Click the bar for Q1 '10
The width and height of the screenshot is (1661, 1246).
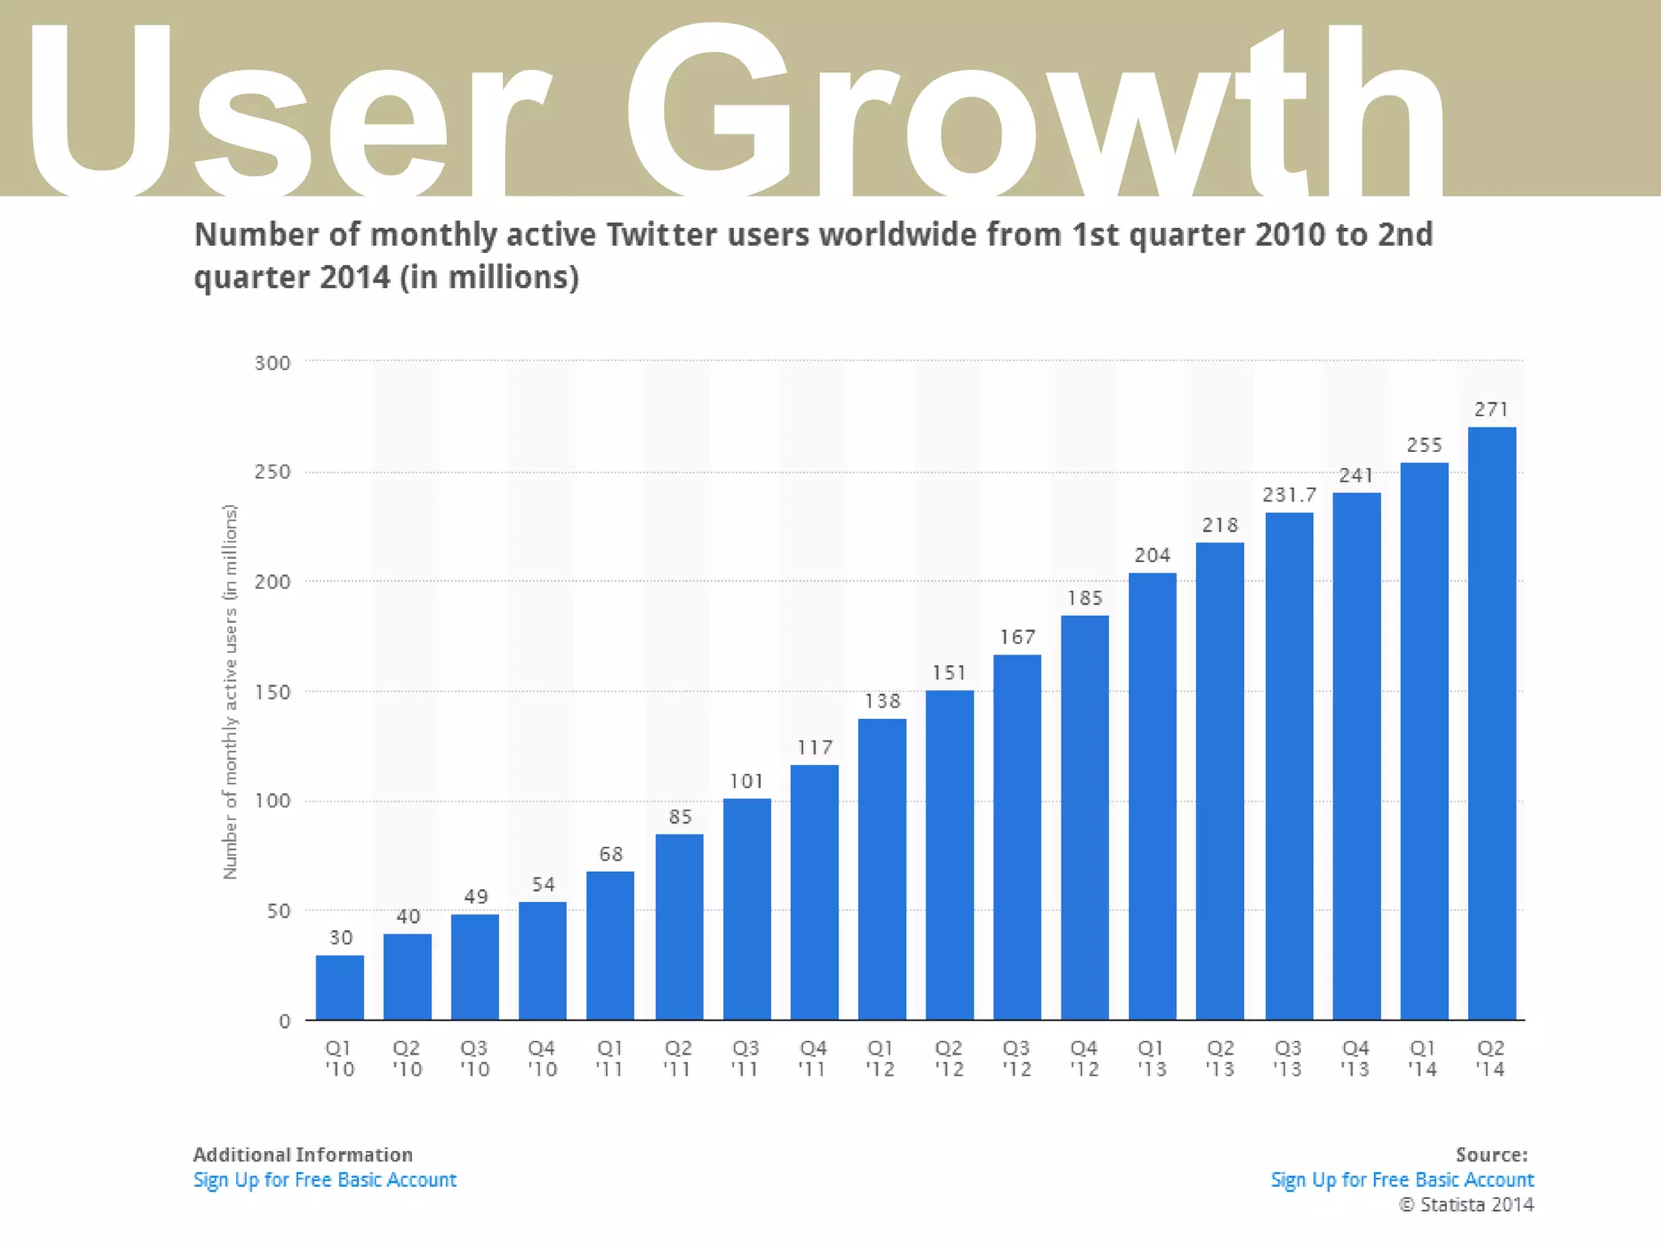point(340,987)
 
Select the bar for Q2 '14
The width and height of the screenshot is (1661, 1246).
point(1491,723)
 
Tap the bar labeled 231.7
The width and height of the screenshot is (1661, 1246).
point(1289,766)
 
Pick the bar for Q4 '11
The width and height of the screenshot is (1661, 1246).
point(814,892)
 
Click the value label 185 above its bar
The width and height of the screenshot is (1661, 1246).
point(1085,599)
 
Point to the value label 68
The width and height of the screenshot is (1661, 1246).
point(611,854)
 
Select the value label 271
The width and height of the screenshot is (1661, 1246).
point(1491,410)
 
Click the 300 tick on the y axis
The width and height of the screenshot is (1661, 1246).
point(273,363)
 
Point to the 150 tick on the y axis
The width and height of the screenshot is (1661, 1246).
point(273,693)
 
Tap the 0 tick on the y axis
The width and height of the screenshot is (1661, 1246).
point(284,1022)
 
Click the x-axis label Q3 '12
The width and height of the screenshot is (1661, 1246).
point(1017,1059)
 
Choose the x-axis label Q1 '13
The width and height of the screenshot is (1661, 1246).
point(1152,1059)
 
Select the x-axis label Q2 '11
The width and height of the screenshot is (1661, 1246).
point(678,1059)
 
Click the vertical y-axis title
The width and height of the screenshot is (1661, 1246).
point(230,692)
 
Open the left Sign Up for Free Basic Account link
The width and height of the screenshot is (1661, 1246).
point(324,1179)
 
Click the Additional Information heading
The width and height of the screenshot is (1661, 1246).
point(303,1154)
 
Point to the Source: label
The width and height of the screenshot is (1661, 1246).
point(1491,1154)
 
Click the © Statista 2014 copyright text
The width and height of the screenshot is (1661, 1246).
point(1466,1205)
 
